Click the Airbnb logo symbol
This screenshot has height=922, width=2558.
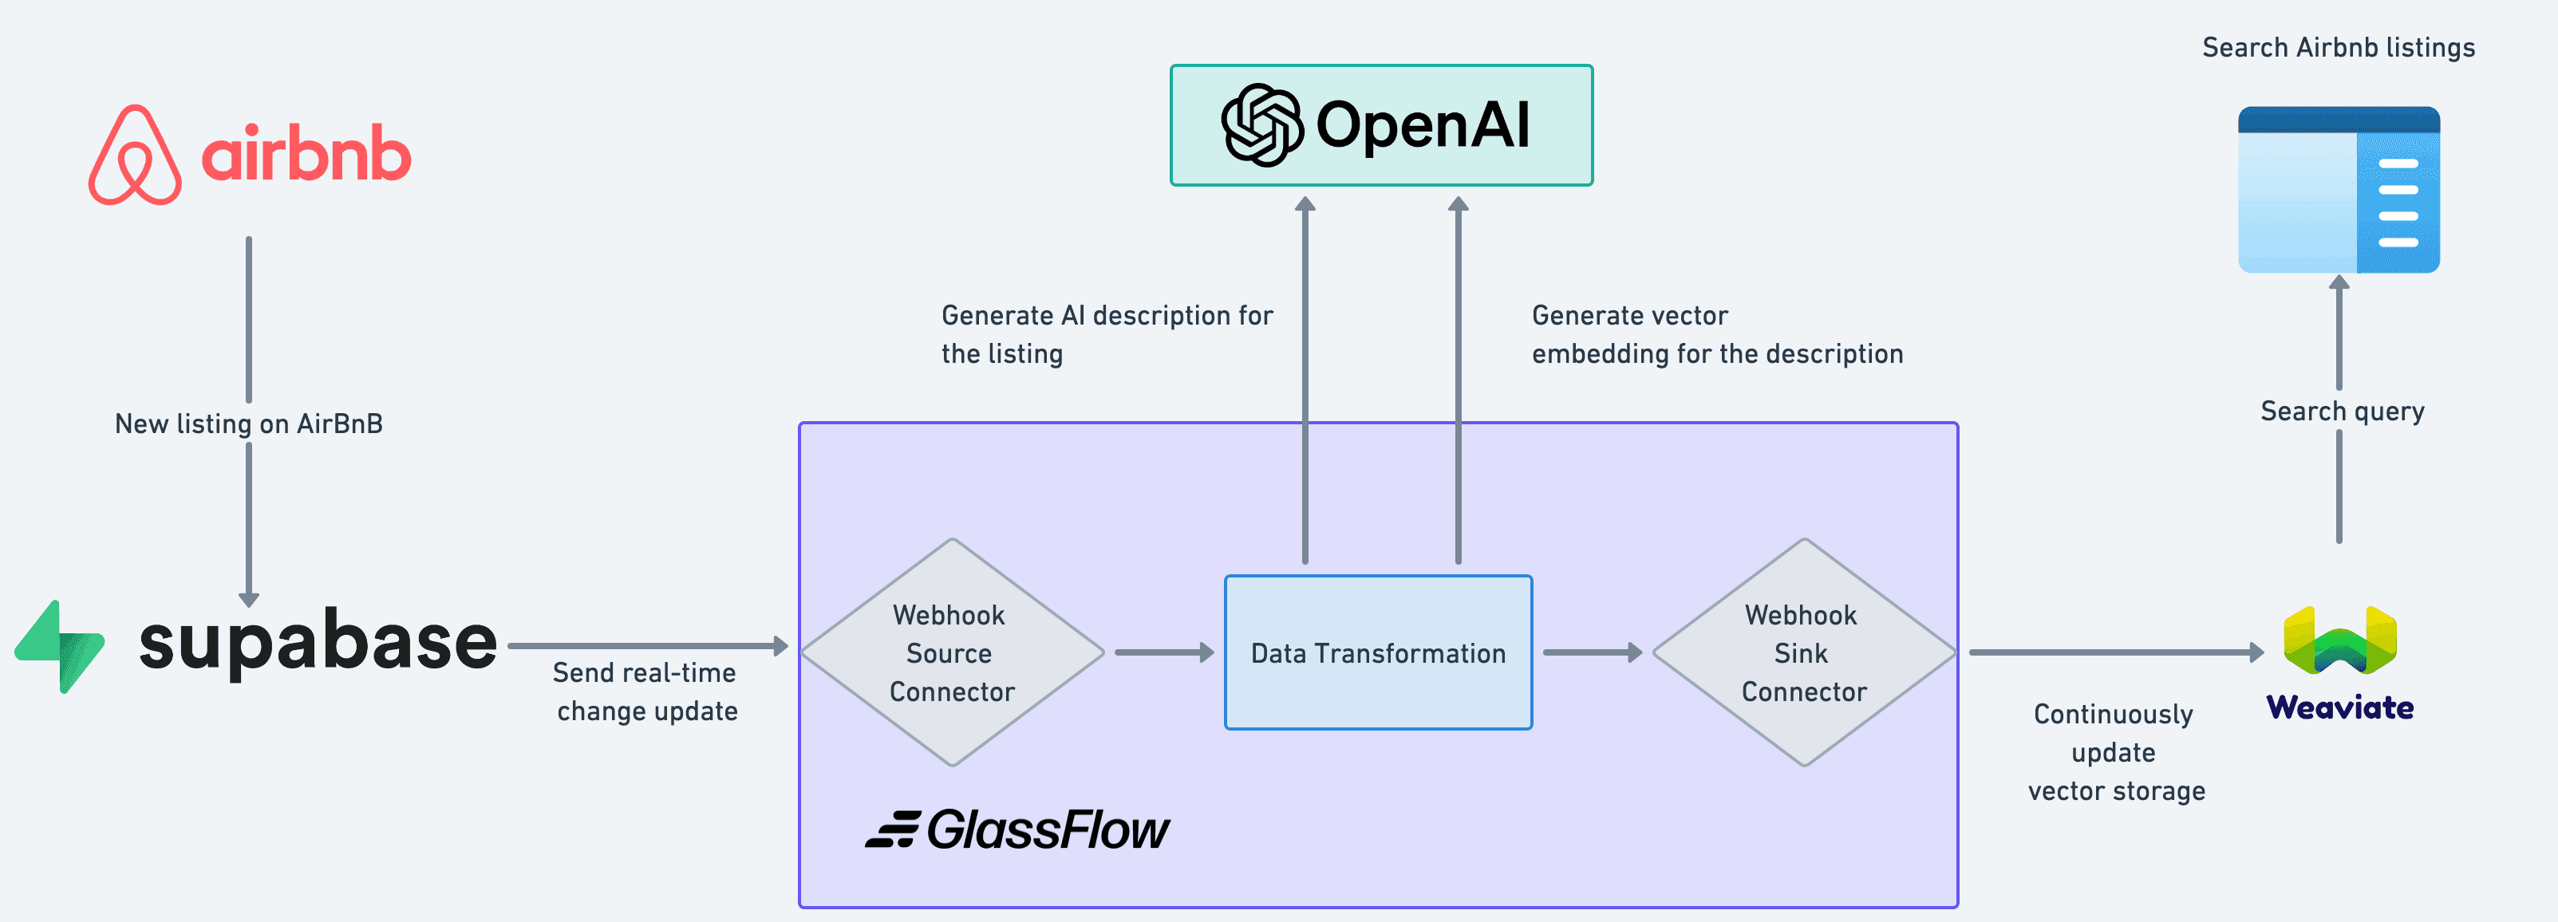coord(135,156)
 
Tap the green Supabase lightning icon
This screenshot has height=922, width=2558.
coord(60,646)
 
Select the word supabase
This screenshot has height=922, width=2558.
coord(318,642)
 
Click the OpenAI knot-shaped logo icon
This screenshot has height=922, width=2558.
coord(1261,125)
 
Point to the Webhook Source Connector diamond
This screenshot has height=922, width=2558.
coord(951,653)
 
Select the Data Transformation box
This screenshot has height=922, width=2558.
coord(1377,653)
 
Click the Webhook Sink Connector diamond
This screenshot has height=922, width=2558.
coord(1803,653)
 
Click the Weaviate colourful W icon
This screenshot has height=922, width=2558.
coord(2339,641)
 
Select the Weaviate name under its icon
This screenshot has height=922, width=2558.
coord(2339,707)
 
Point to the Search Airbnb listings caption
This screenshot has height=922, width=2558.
coord(2338,48)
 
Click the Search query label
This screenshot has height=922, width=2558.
coord(2342,411)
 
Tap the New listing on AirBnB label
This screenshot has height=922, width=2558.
coord(248,424)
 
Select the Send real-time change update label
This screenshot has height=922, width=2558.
coord(645,691)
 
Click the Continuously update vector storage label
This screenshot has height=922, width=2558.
coord(2115,752)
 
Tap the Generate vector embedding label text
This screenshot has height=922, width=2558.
coord(1716,334)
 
